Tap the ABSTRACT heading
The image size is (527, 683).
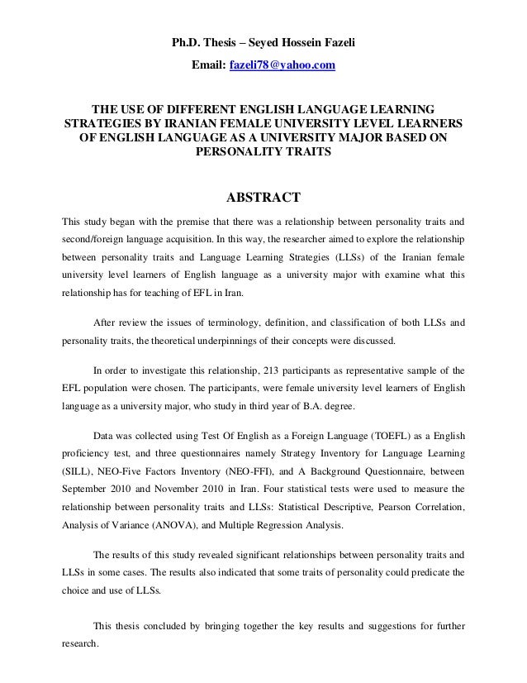(x=263, y=198)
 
